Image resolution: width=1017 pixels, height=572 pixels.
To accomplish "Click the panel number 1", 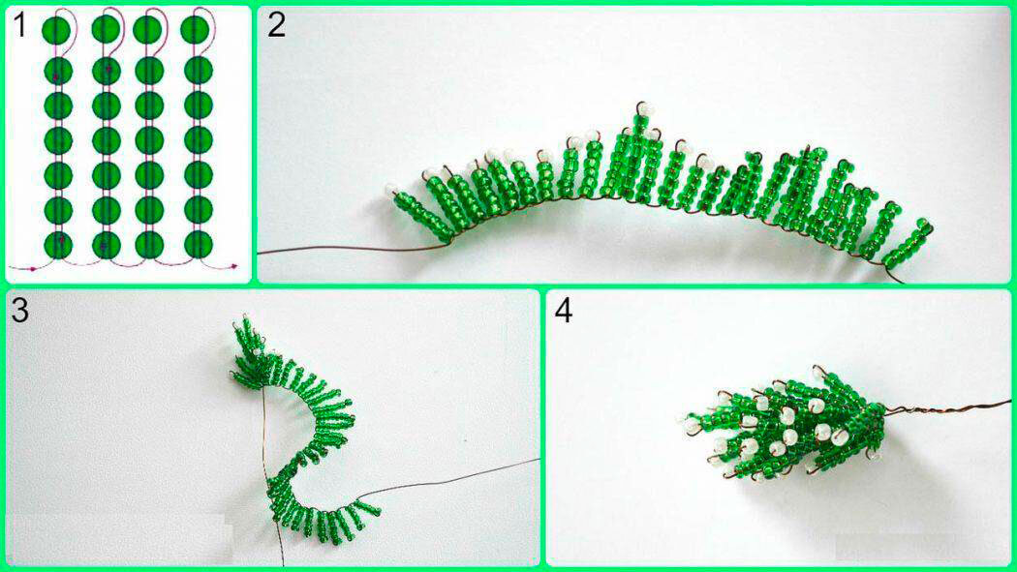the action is click(19, 26).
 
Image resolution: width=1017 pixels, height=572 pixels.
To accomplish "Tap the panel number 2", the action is click(276, 25).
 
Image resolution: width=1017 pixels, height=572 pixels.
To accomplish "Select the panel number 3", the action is click(20, 311).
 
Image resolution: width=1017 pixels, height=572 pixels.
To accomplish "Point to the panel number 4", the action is click(564, 312).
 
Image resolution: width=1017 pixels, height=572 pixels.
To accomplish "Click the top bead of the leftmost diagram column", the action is click(56, 30).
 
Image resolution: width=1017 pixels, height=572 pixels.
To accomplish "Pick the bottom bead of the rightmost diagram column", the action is click(199, 244).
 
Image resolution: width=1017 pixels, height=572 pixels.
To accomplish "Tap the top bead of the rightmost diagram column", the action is click(195, 30).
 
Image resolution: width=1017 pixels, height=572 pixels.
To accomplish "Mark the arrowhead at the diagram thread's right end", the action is click(234, 265).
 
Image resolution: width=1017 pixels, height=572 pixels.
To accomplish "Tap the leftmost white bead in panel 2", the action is click(391, 189).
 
